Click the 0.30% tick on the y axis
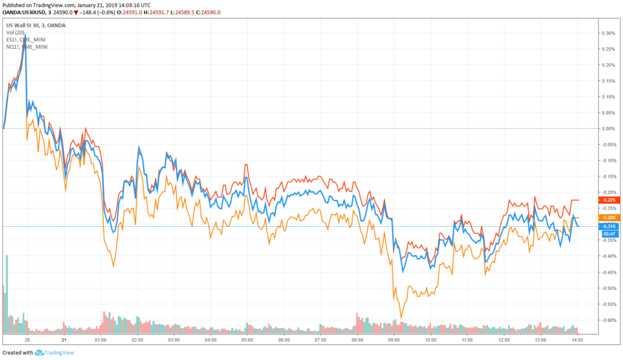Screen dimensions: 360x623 pyautogui.click(x=607, y=33)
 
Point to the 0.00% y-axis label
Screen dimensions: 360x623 pyautogui.click(x=607, y=128)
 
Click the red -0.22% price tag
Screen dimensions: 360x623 pyautogui.click(x=608, y=200)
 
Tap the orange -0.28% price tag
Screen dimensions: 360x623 pyautogui.click(x=608, y=218)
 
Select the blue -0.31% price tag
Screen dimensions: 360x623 pyautogui.click(x=608, y=227)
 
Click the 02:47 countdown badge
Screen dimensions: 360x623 pyautogui.click(x=608, y=234)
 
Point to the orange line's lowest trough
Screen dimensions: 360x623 pyautogui.click(x=400, y=317)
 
